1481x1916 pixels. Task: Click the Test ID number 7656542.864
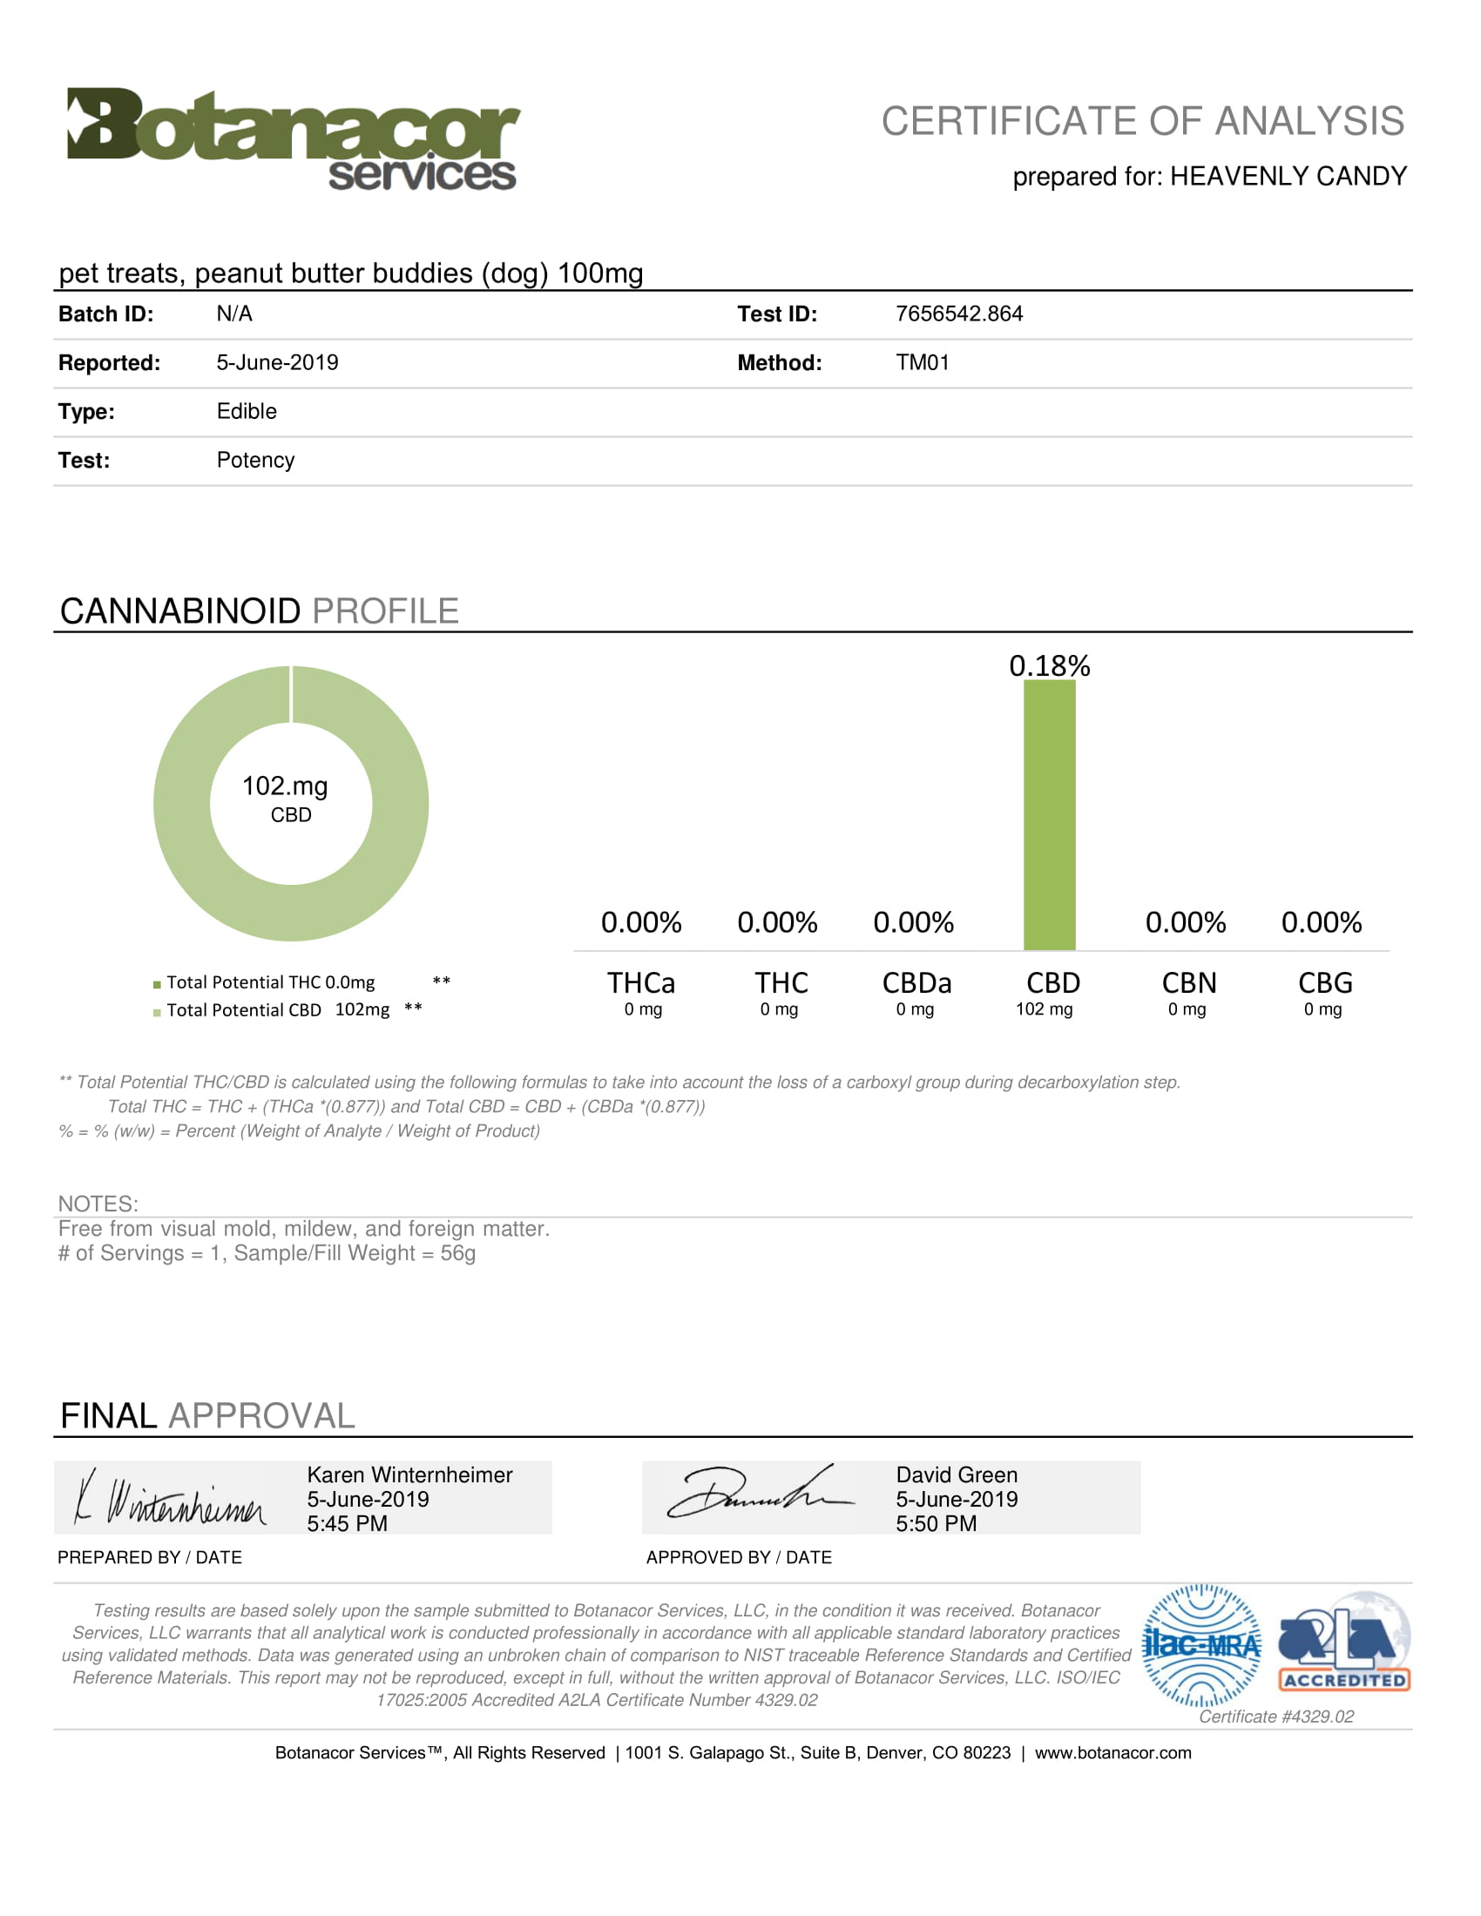(959, 314)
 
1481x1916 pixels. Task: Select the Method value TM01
(922, 363)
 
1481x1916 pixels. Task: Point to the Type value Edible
(247, 411)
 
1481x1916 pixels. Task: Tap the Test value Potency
(255, 461)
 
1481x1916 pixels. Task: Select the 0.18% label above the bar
(1050, 666)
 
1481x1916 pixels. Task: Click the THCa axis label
(641, 982)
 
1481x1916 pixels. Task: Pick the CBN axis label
(1189, 982)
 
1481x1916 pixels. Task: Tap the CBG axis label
(1325, 982)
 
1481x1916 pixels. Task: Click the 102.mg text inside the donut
(285, 786)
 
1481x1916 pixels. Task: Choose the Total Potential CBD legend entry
(277, 1009)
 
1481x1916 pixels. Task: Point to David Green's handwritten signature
(759, 1494)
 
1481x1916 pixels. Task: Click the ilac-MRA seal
(1202, 1646)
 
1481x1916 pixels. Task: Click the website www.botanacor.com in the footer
(1112, 1753)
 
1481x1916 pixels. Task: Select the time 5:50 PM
(937, 1524)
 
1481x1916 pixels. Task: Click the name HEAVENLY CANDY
(1288, 176)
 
